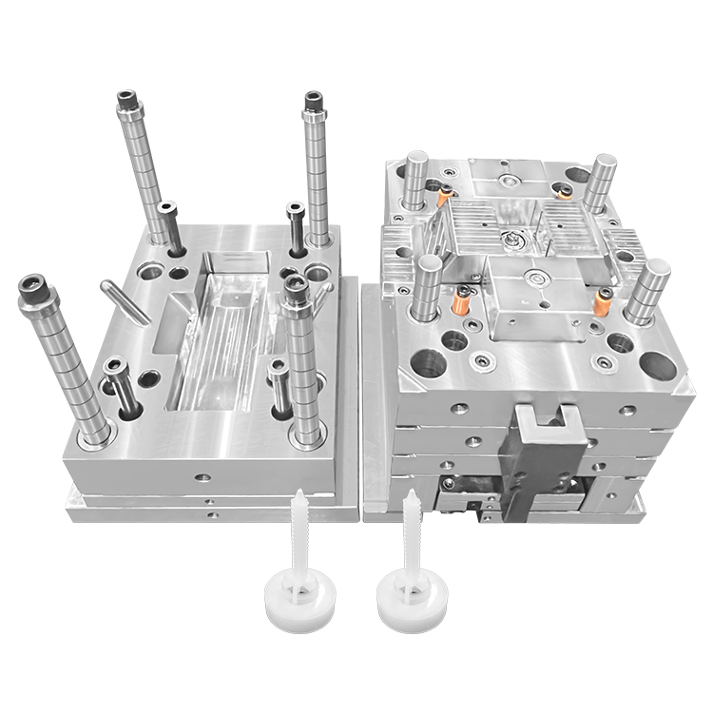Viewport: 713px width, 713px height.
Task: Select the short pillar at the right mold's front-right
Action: pos(646,290)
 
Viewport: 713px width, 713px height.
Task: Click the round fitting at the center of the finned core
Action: pos(513,238)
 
